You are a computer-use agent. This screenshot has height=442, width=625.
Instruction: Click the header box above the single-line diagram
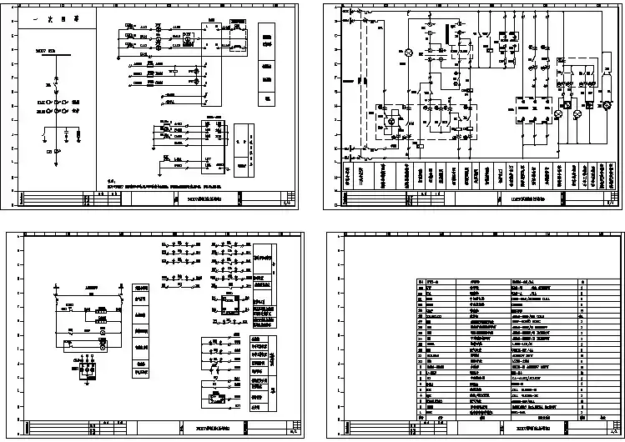point(56,18)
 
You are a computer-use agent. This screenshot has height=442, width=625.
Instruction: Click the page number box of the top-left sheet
point(289,200)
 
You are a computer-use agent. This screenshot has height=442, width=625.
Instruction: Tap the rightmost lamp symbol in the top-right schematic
point(599,107)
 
